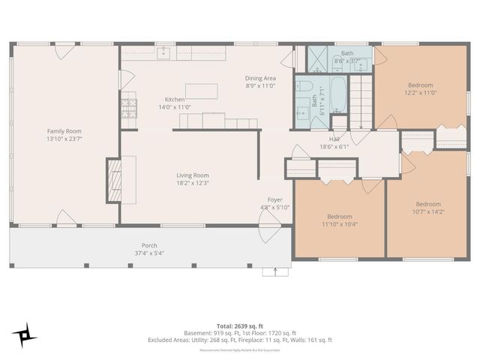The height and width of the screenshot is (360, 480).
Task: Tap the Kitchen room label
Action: pos(175,99)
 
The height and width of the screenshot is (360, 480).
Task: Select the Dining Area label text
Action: pos(260,78)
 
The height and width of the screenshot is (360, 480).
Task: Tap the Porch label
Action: pos(149,245)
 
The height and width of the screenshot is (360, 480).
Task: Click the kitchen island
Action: pos(202,91)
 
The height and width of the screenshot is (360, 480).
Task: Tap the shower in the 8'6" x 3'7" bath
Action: pos(318,59)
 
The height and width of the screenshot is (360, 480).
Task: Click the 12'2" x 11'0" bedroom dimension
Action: pos(421,92)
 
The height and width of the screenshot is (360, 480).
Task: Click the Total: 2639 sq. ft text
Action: pos(240,325)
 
